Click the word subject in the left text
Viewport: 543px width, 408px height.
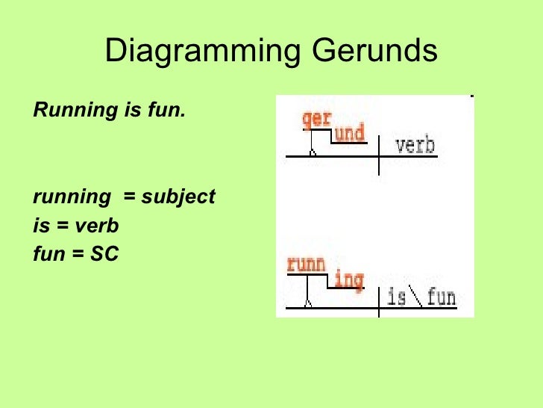[x=178, y=197]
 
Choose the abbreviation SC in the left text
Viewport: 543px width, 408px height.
[x=104, y=254]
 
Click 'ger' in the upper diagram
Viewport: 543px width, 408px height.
[x=316, y=120]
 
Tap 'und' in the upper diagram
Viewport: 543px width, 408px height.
[x=349, y=134]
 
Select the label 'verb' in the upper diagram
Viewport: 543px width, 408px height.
[x=415, y=144]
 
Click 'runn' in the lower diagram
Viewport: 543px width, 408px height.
[x=306, y=265]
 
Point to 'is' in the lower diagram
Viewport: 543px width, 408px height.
[x=397, y=297]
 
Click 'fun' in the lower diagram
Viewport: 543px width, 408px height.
[x=441, y=297]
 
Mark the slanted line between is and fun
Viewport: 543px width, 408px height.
[x=416, y=297]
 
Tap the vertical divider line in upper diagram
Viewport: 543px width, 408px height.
[x=379, y=155]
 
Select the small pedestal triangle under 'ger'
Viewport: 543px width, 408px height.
[x=313, y=152]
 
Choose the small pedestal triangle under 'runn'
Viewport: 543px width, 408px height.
[x=307, y=303]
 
